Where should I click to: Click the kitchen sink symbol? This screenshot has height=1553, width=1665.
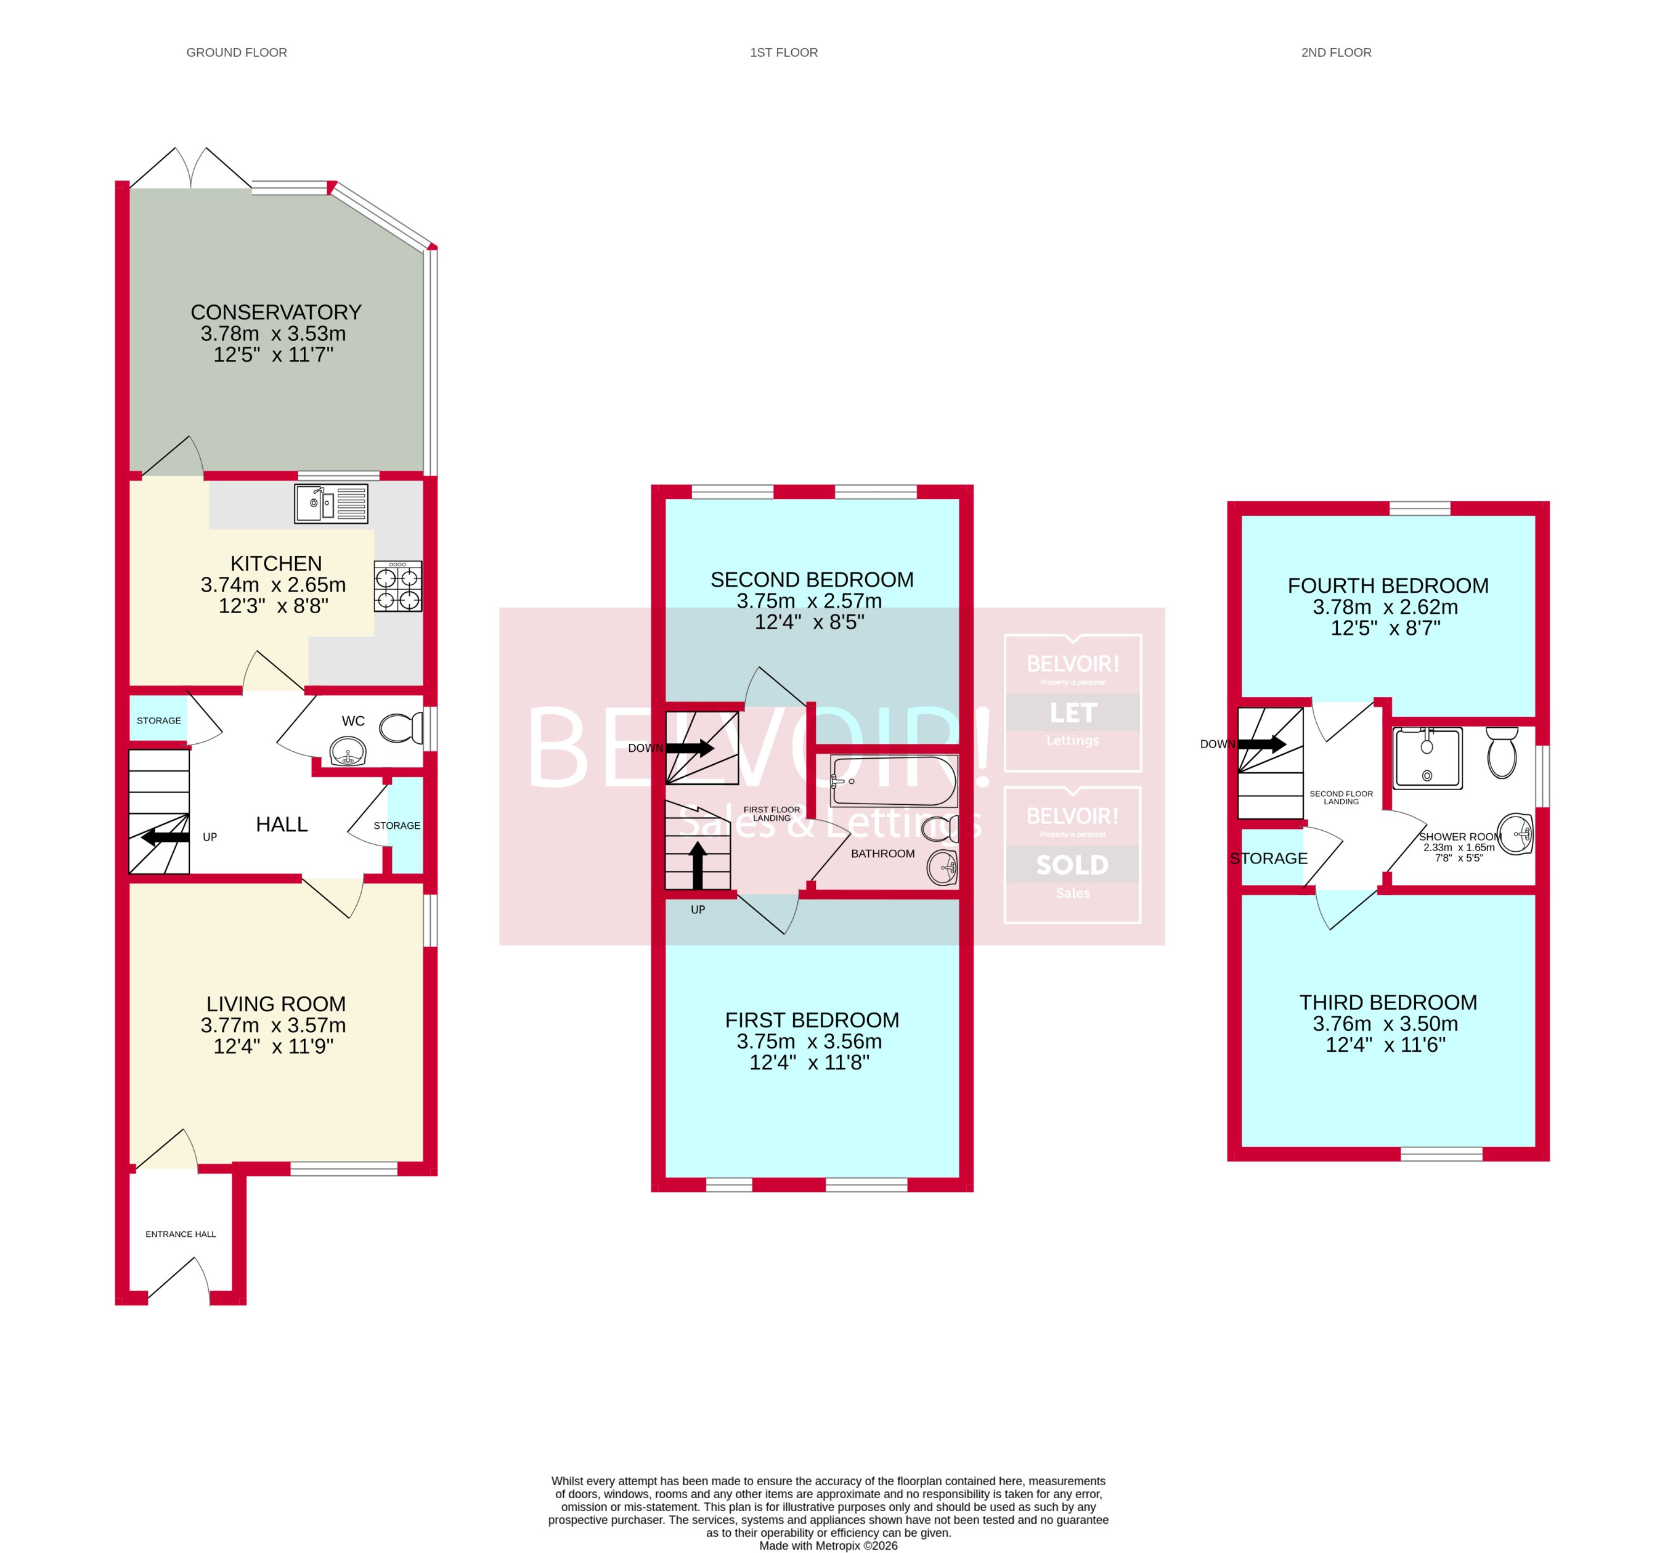(x=331, y=503)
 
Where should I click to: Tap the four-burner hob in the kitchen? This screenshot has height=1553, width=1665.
(x=398, y=586)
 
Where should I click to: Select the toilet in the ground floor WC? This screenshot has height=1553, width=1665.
(x=401, y=728)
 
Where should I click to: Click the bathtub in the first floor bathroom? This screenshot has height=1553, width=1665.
(x=894, y=781)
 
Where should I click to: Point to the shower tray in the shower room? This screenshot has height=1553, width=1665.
(x=1427, y=758)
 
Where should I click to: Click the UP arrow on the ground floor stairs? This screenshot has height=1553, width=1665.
(x=165, y=837)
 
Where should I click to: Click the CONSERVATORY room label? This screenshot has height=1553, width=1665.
(x=275, y=312)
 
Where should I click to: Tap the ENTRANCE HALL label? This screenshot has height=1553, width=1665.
(x=181, y=1234)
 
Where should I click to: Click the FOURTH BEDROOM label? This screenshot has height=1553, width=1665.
(x=1388, y=585)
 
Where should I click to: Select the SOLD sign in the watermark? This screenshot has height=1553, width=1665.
(x=1072, y=865)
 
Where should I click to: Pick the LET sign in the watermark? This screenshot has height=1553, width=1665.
(x=1072, y=713)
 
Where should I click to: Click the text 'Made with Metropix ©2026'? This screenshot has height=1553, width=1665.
(x=828, y=1546)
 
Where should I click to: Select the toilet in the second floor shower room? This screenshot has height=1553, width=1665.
(x=1502, y=751)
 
